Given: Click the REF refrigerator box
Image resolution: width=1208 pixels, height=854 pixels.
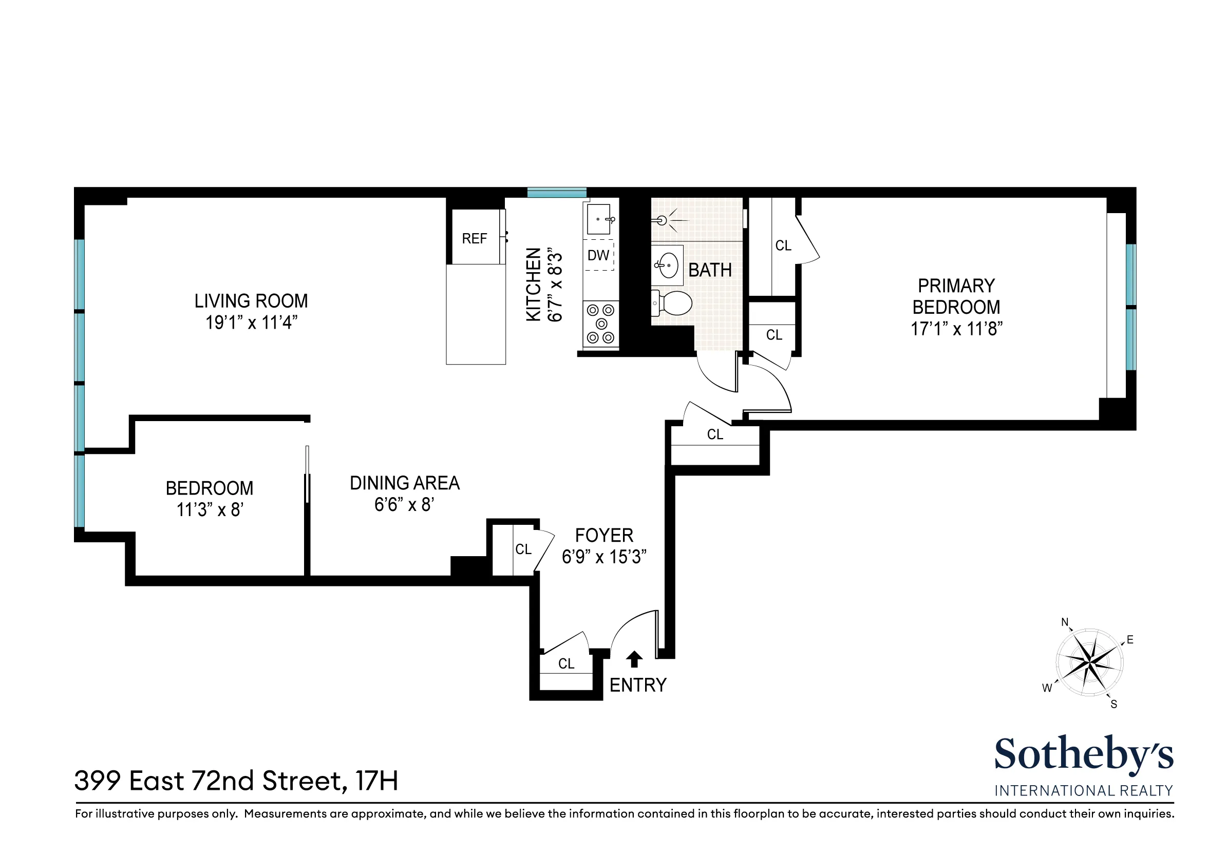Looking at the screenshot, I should [x=475, y=238].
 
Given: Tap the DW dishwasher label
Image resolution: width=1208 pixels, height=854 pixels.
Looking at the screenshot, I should [x=598, y=256].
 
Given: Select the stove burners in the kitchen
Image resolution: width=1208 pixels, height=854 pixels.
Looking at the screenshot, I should [x=600, y=324].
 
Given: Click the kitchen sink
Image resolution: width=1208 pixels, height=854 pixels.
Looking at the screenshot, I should [x=599, y=219].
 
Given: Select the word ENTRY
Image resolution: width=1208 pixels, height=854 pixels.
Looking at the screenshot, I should [x=638, y=685].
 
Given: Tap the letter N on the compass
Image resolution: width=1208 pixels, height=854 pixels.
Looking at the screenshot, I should [x=1065, y=622].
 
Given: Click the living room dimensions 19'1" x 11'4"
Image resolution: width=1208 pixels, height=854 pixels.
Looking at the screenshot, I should [x=252, y=322].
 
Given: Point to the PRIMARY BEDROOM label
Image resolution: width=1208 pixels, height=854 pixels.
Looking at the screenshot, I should [x=956, y=296].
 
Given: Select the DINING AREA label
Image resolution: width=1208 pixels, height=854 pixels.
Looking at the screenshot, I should [x=405, y=483].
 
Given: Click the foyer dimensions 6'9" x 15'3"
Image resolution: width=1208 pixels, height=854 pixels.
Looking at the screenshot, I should [x=604, y=557].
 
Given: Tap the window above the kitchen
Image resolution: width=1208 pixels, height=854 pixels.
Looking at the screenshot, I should [x=557, y=193].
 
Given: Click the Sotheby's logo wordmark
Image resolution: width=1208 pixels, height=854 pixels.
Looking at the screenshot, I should [x=1083, y=754].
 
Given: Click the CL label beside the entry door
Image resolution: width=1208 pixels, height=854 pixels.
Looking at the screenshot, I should [x=566, y=663].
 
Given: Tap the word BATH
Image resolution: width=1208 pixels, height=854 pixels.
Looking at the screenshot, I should [x=710, y=270].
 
